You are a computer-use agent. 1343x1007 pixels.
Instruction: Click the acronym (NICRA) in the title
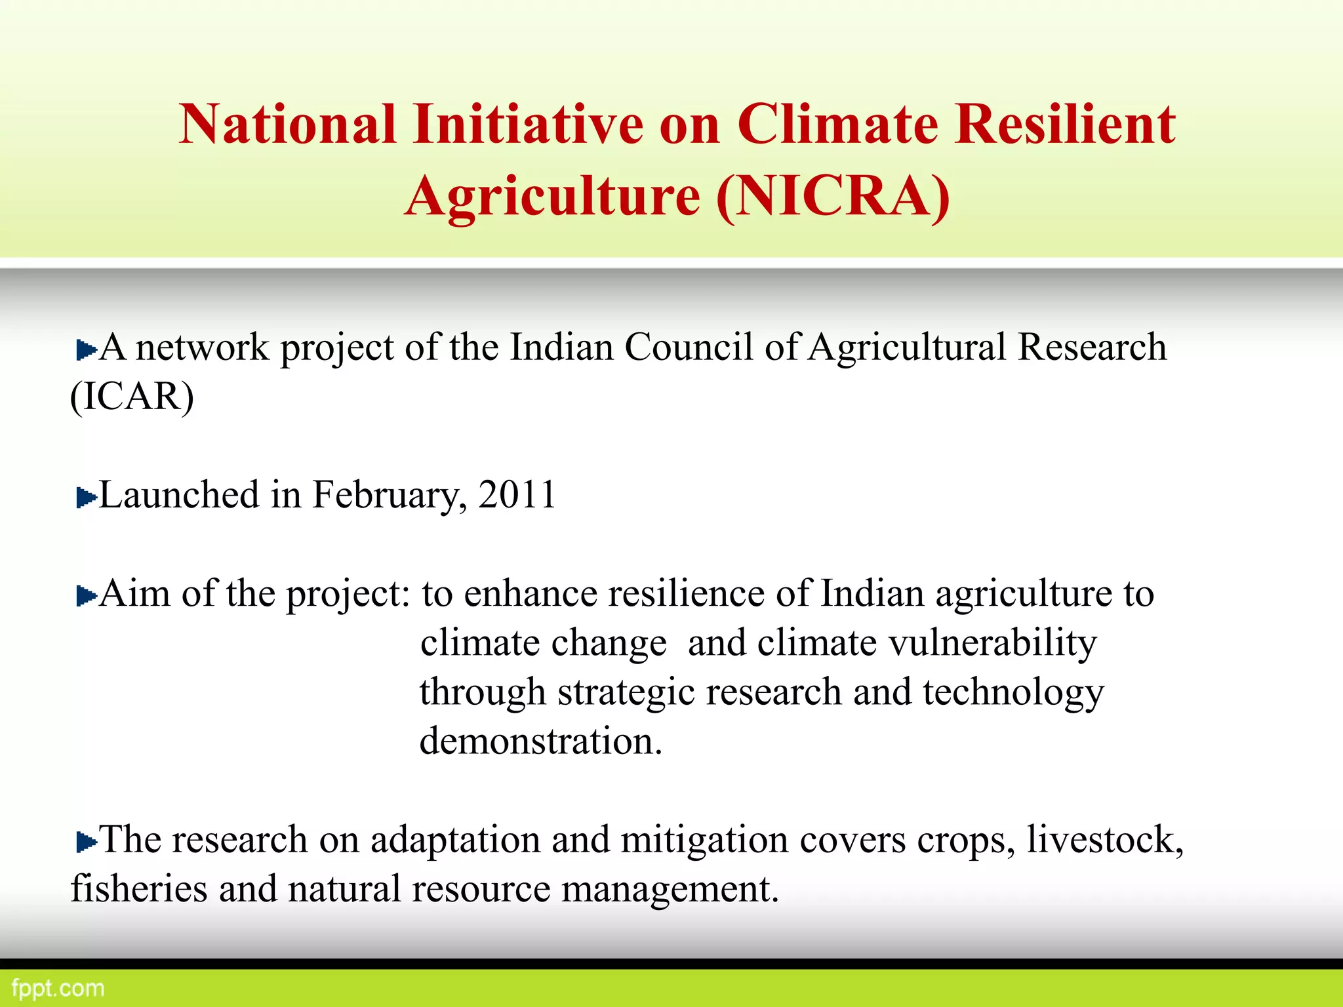[x=833, y=196]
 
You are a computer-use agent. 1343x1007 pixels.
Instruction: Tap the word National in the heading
[x=287, y=124]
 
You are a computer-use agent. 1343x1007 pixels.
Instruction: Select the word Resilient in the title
[x=1064, y=124]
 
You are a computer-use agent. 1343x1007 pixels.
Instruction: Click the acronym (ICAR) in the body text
[x=132, y=397]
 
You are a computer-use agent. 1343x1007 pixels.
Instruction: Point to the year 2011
[x=517, y=494]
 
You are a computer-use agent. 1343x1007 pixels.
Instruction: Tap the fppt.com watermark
[x=58, y=988]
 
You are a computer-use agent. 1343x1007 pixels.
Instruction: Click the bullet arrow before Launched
[x=86, y=498]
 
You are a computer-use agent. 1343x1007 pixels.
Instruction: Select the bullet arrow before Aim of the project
[x=86, y=597]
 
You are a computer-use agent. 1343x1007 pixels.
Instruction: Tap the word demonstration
[x=540, y=741]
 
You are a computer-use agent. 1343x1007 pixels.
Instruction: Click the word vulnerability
[x=992, y=643]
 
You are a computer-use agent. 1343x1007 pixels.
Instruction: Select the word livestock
[x=1104, y=840]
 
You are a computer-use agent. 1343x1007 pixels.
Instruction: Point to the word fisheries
[x=138, y=889]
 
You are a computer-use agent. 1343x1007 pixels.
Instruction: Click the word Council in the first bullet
[x=688, y=347]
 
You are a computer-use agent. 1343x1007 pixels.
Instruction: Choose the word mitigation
[x=704, y=841]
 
